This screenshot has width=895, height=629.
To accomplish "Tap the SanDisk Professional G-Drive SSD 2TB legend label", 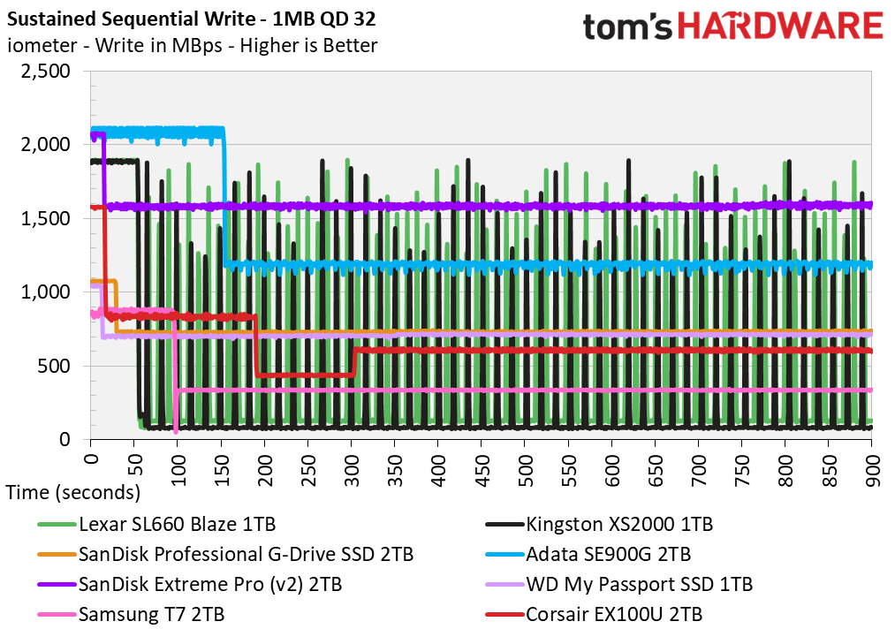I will [x=246, y=555].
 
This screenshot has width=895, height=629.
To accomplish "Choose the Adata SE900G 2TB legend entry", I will [x=608, y=555].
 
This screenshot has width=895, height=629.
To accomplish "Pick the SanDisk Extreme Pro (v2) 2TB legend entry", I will [x=210, y=584].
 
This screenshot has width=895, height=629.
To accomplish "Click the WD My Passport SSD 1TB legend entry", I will [x=639, y=584].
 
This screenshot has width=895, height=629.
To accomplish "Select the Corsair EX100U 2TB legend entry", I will [x=613, y=614].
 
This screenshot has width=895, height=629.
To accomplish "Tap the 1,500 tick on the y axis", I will [x=45, y=218].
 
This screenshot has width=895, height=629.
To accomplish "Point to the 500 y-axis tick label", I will [x=58, y=366].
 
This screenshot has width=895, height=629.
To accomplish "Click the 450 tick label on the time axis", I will [x=482, y=463].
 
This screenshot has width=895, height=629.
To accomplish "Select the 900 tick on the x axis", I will [x=873, y=463].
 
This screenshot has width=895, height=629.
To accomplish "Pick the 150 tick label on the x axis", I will [x=221, y=463].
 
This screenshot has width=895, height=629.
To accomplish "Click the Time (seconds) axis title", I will [x=72, y=492].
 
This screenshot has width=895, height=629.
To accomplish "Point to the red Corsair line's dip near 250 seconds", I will [x=305, y=375].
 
